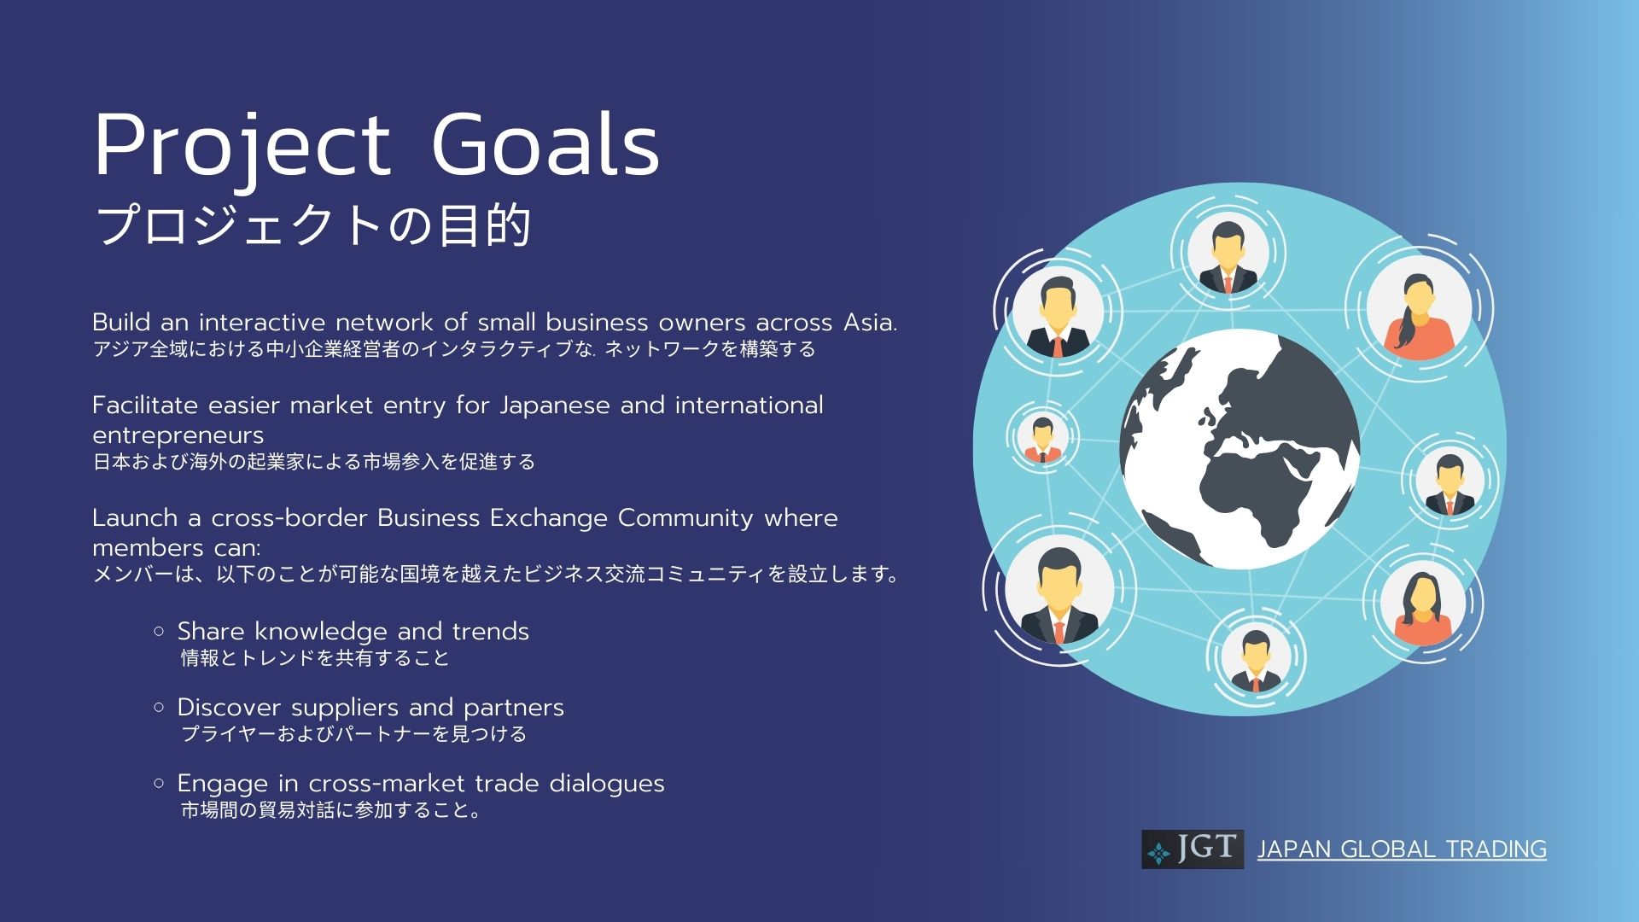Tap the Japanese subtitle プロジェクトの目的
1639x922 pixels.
point(313,225)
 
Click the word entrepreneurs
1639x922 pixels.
point(178,436)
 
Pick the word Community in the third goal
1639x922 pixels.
point(685,518)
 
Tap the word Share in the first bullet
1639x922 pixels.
point(211,632)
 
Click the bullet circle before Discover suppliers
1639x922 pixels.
point(159,707)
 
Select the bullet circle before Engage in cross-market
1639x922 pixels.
point(159,783)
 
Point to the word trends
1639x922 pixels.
point(491,632)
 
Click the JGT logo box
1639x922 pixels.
point(1193,849)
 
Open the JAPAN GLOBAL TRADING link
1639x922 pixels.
point(1402,849)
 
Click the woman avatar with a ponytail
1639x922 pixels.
point(1419,308)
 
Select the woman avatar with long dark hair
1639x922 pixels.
point(1423,603)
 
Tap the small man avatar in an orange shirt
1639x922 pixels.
point(1042,437)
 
